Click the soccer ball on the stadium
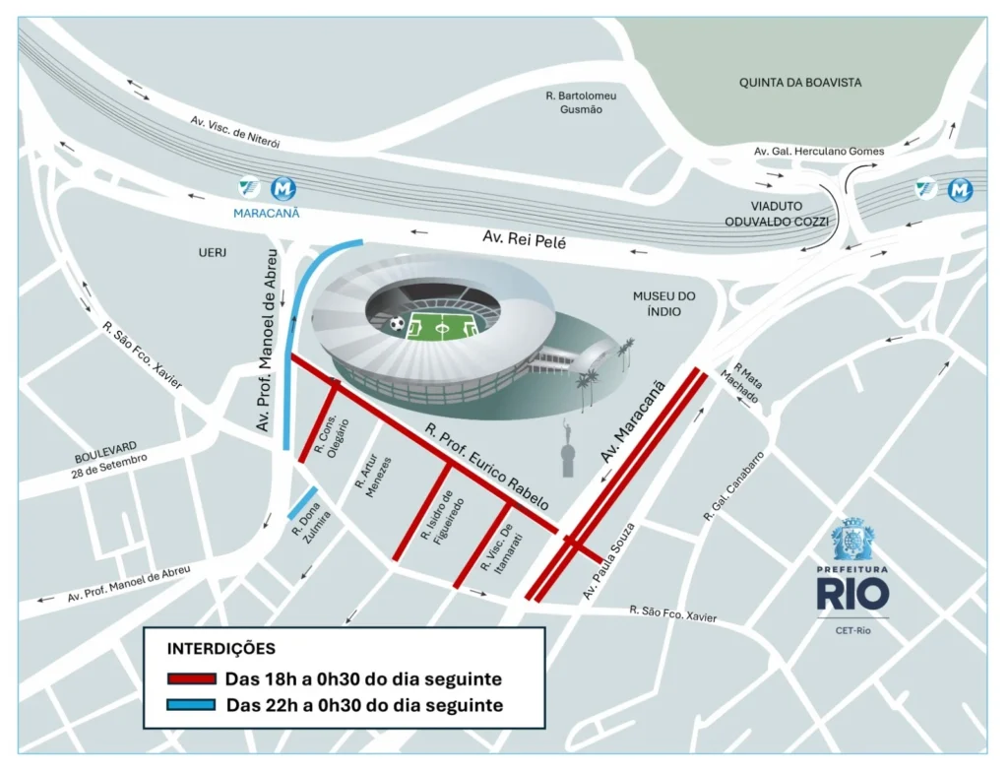point(396,322)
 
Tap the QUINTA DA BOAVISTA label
point(800,83)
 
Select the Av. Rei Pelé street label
point(524,239)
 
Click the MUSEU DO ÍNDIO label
point(664,303)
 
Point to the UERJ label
point(212,253)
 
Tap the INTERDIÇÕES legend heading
point(221,649)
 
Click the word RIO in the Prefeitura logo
point(852,593)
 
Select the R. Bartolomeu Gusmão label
point(581,102)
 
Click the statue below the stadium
point(566,449)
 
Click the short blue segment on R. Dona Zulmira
point(302,503)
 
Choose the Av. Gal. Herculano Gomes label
point(819,151)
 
